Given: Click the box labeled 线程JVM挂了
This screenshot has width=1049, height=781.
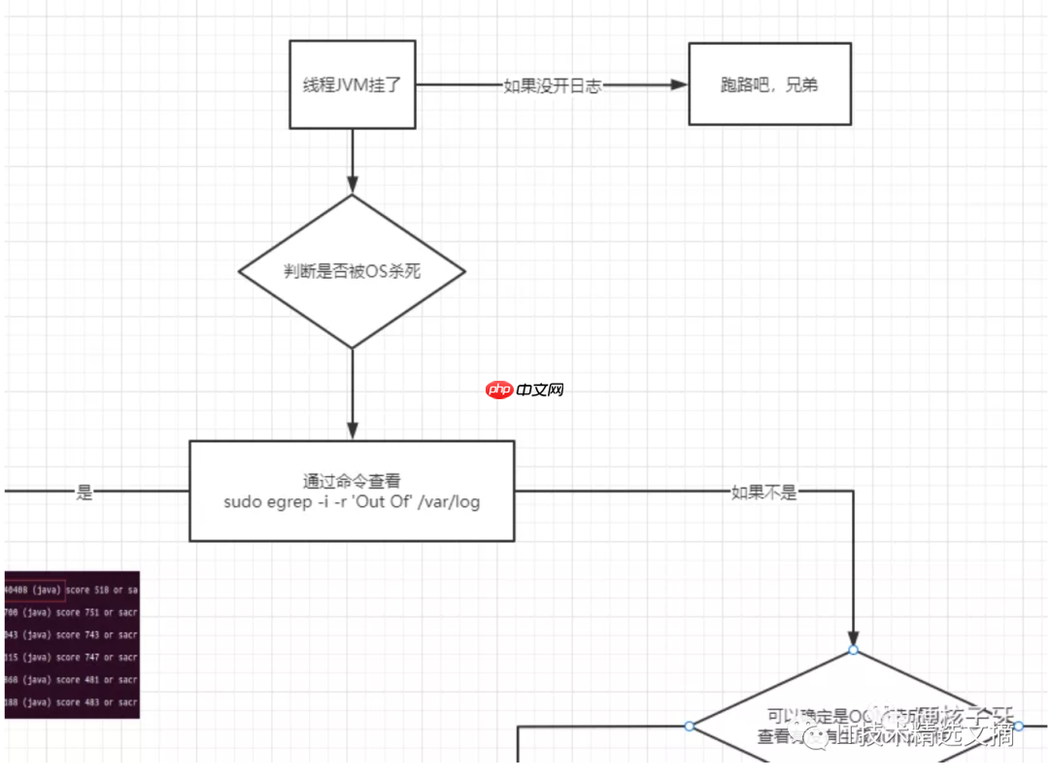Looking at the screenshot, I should click(353, 85).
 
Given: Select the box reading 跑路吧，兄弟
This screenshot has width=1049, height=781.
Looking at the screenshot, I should click(769, 85).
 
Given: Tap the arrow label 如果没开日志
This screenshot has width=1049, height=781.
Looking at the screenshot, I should click(553, 85).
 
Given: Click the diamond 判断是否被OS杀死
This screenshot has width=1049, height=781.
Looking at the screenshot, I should click(353, 272).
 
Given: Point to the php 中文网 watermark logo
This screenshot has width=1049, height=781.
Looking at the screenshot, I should click(525, 390).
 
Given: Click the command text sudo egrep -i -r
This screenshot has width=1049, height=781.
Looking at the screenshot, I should click(352, 502).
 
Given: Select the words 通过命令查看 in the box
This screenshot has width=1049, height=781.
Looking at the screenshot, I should click(352, 481).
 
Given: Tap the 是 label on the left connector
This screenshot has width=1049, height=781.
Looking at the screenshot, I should click(85, 492).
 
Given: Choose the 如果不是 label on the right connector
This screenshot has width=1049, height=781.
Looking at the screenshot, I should click(763, 492).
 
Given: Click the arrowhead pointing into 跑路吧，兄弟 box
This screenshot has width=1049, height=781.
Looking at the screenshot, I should click(678, 85).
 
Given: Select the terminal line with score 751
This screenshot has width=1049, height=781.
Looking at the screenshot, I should click(73, 613).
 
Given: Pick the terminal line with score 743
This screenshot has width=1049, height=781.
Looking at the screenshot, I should click(73, 635).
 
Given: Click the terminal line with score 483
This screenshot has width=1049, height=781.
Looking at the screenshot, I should click(73, 702).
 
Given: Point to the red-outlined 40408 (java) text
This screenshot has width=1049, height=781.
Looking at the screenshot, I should click(34, 590).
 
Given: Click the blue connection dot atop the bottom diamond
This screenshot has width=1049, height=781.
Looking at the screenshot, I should click(853, 650).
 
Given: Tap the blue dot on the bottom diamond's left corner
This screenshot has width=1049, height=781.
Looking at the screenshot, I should click(690, 726).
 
